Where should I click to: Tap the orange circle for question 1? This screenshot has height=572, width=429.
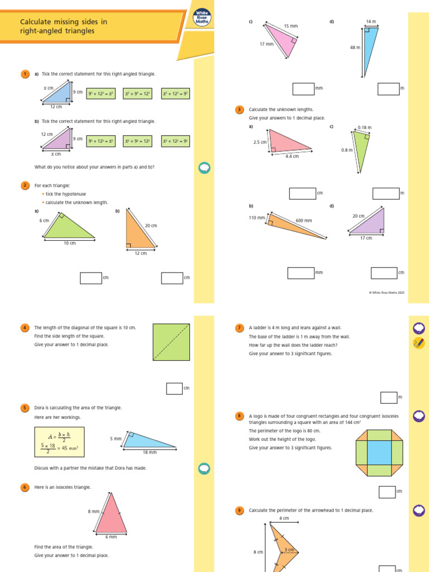click(25, 74)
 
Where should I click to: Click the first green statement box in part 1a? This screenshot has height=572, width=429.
click(101, 94)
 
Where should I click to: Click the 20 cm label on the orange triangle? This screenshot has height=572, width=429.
click(151, 226)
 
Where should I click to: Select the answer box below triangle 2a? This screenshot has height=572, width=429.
click(90, 278)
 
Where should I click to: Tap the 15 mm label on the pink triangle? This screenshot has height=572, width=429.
click(290, 26)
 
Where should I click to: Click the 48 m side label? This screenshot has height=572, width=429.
click(355, 48)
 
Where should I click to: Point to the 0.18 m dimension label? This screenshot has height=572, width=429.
click(364, 127)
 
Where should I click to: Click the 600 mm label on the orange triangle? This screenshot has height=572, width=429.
click(304, 221)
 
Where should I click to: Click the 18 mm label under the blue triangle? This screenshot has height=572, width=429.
click(150, 452)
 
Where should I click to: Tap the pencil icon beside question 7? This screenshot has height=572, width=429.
click(418, 343)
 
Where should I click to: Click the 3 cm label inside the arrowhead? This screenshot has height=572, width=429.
click(289, 550)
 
